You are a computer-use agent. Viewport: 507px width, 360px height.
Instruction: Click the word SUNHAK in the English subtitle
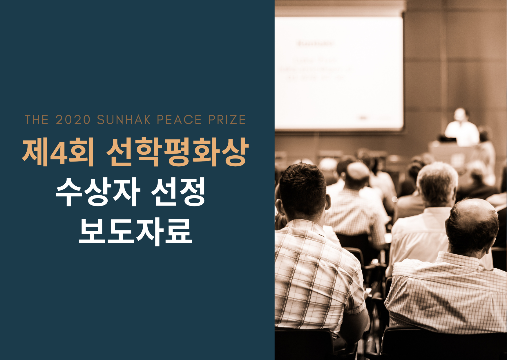[124, 120]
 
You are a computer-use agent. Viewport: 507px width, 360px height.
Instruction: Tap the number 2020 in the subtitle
[73, 120]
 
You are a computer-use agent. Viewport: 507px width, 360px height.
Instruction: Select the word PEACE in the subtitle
[179, 120]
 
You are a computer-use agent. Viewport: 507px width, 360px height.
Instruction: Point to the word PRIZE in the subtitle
[227, 120]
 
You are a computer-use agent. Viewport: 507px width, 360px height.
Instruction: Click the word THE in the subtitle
[37, 120]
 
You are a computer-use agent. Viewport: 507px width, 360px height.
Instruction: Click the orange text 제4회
[58, 152]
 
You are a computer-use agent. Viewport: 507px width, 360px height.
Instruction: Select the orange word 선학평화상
[177, 152]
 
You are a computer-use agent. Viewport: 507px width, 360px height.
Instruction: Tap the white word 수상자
[98, 192]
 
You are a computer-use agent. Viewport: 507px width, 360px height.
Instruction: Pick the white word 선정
[178, 192]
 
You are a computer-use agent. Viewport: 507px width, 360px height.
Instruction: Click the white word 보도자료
[135, 231]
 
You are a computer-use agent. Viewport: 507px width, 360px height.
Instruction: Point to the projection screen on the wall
[338, 73]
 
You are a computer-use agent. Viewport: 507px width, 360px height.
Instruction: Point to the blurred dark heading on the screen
[316, 44]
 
